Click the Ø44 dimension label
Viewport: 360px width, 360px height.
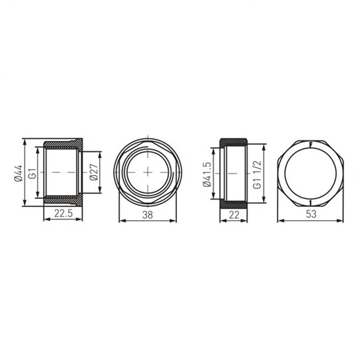pos(19,173)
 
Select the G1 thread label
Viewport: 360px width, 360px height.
pos(33,173)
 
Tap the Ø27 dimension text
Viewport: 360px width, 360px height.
pos(94,172)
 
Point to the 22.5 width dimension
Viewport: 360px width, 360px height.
pos(63,214)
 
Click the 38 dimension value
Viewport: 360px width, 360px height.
pos(148,215)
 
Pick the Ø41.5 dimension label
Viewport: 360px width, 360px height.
pos(207,174)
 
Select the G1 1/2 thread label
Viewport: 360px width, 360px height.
pos(257,174)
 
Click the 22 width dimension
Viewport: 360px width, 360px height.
pos(234,215)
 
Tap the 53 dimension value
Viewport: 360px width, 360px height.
pos(311,214)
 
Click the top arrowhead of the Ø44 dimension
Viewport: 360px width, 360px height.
pos(25,142)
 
